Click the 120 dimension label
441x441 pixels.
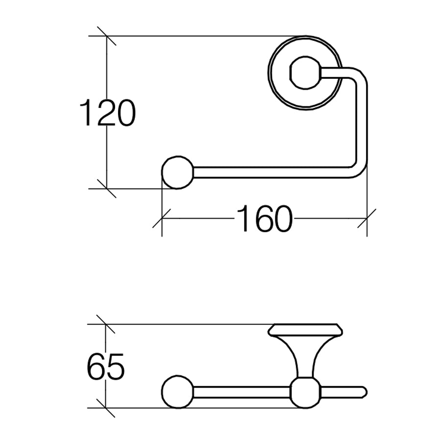[x=108, y=112]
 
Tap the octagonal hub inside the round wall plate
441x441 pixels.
[x=305, y=73]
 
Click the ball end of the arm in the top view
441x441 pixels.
[x=177, y=172]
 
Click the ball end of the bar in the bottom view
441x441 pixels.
[x=177, y=392]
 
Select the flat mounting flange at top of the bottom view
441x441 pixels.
[x=305, y=330]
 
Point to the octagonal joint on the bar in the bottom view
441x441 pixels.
[x=305, y=392]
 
